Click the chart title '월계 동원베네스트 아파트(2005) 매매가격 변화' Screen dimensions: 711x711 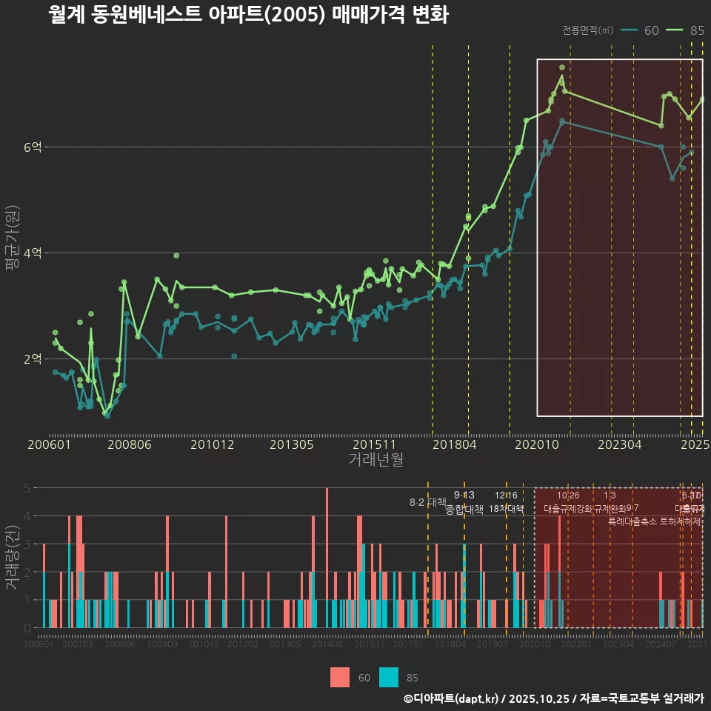click(x=247, y=15)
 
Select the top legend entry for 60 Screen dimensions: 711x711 click(x=641, y=30)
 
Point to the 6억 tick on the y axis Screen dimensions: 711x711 click(x=33, y=147)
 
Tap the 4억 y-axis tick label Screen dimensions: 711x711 click(x=33, y=253)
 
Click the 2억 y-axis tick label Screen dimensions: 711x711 click(x=33, y=359)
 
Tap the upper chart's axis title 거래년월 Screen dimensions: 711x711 click(x=375, y=460)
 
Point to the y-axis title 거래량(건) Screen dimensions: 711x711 click(x=12, y=558)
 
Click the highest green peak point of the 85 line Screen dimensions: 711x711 click(x=562, y=67)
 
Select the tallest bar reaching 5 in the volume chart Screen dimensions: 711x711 click(x=327, y=558)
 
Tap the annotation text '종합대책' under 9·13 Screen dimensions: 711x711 click(x=464, y=510)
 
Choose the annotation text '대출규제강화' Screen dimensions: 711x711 click(x=567, y=510)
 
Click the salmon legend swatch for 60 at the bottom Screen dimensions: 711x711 click(x=340, y=677)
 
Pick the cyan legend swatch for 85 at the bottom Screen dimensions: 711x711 click(x=388, y=677)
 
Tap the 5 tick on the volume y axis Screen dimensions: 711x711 click(x=27, y=488)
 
